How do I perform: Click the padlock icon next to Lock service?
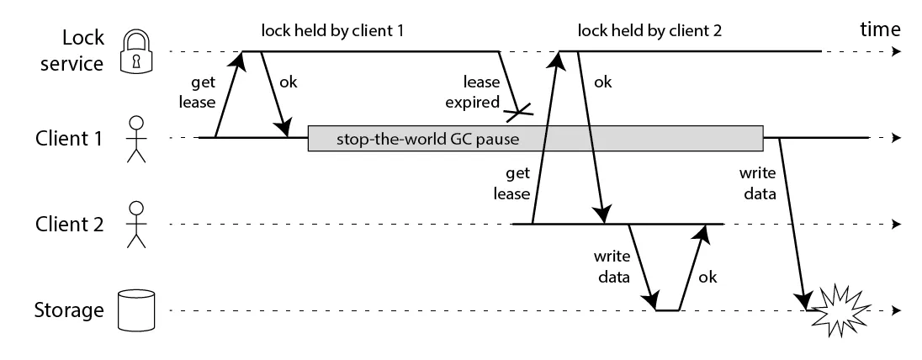point(136,51)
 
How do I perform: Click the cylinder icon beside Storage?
point(136,310)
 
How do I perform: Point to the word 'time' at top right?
point(881,31)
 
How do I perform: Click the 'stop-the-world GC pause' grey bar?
point(535,138)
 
